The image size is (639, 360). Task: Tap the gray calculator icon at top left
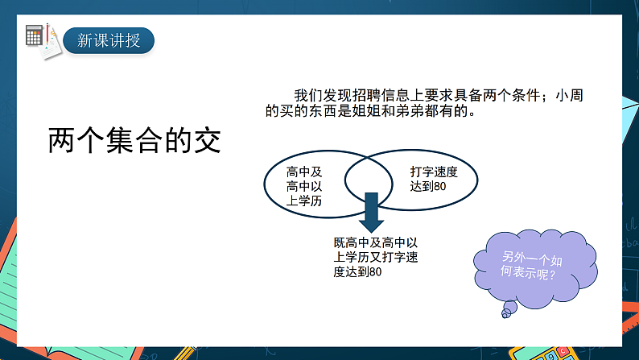point(34,35)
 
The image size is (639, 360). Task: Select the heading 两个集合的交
point(134,141)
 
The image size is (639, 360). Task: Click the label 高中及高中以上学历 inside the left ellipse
point(304,187)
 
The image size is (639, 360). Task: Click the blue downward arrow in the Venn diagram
point(371,211)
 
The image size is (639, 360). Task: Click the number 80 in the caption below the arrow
point(373,272)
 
